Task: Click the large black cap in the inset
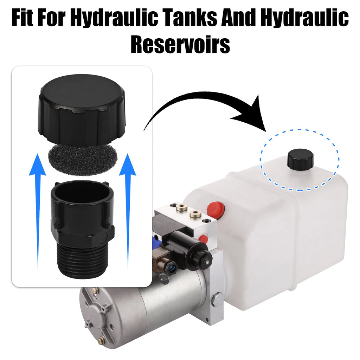pyautogui.click(x=82, y=110)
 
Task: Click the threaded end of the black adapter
pyautogui.click(x=82, y=259)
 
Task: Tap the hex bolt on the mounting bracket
pyautogui.click(x=217, y=298)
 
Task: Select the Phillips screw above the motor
pyautogui.click(x=164, y=279)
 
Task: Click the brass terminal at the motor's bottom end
pyautogui.click(x=100, y=340)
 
